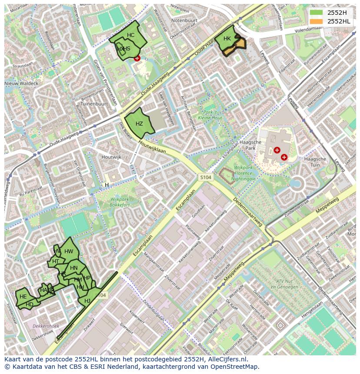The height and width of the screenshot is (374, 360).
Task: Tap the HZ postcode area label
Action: [139, 124]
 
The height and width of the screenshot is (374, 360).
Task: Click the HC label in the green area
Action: [131, 35]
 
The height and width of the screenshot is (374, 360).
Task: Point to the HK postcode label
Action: [227, 39]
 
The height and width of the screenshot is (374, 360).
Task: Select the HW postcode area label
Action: [69, 252]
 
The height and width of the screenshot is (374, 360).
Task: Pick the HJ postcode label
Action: [87, 301]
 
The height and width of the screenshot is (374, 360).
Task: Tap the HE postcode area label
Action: [23, 297]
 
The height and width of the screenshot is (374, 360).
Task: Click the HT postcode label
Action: [56, 261]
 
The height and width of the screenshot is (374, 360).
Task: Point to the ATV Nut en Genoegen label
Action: [283, 284]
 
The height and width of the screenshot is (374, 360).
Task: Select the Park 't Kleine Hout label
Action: [210, 115]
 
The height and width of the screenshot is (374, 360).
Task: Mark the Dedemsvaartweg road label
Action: [248, 213]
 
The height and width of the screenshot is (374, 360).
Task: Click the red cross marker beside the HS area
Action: [137, 58]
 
